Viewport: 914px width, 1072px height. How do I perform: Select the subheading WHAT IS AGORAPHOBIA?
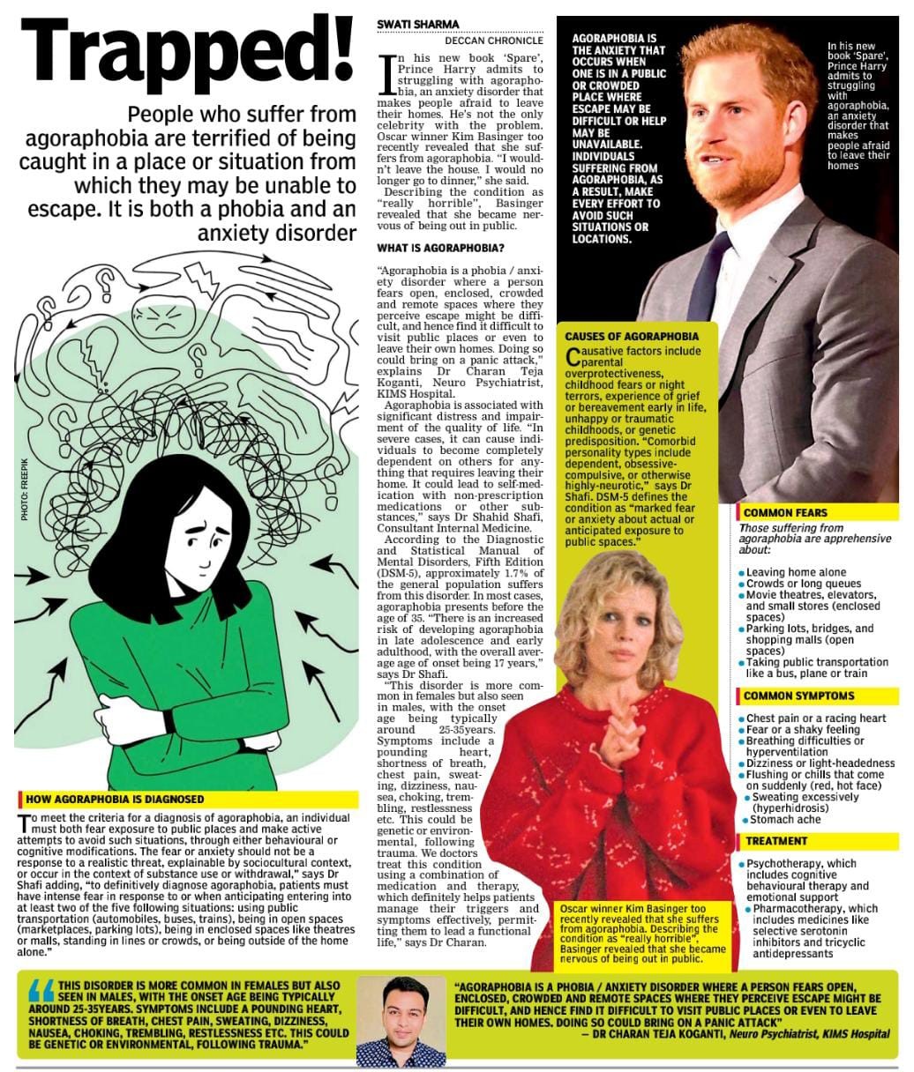tap(440, 248)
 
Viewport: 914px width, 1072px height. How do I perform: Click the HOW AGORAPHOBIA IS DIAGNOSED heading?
tap(115, 799)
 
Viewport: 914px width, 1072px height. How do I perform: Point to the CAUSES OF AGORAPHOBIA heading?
tap(632, 336)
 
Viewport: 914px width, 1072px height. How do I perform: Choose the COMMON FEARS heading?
tap(786, 512)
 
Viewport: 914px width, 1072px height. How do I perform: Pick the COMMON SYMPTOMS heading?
tap(798, 696)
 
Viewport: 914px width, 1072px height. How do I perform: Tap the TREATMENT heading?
tap(775, 841)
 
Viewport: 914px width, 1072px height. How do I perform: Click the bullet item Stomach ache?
tap(784, 820)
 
